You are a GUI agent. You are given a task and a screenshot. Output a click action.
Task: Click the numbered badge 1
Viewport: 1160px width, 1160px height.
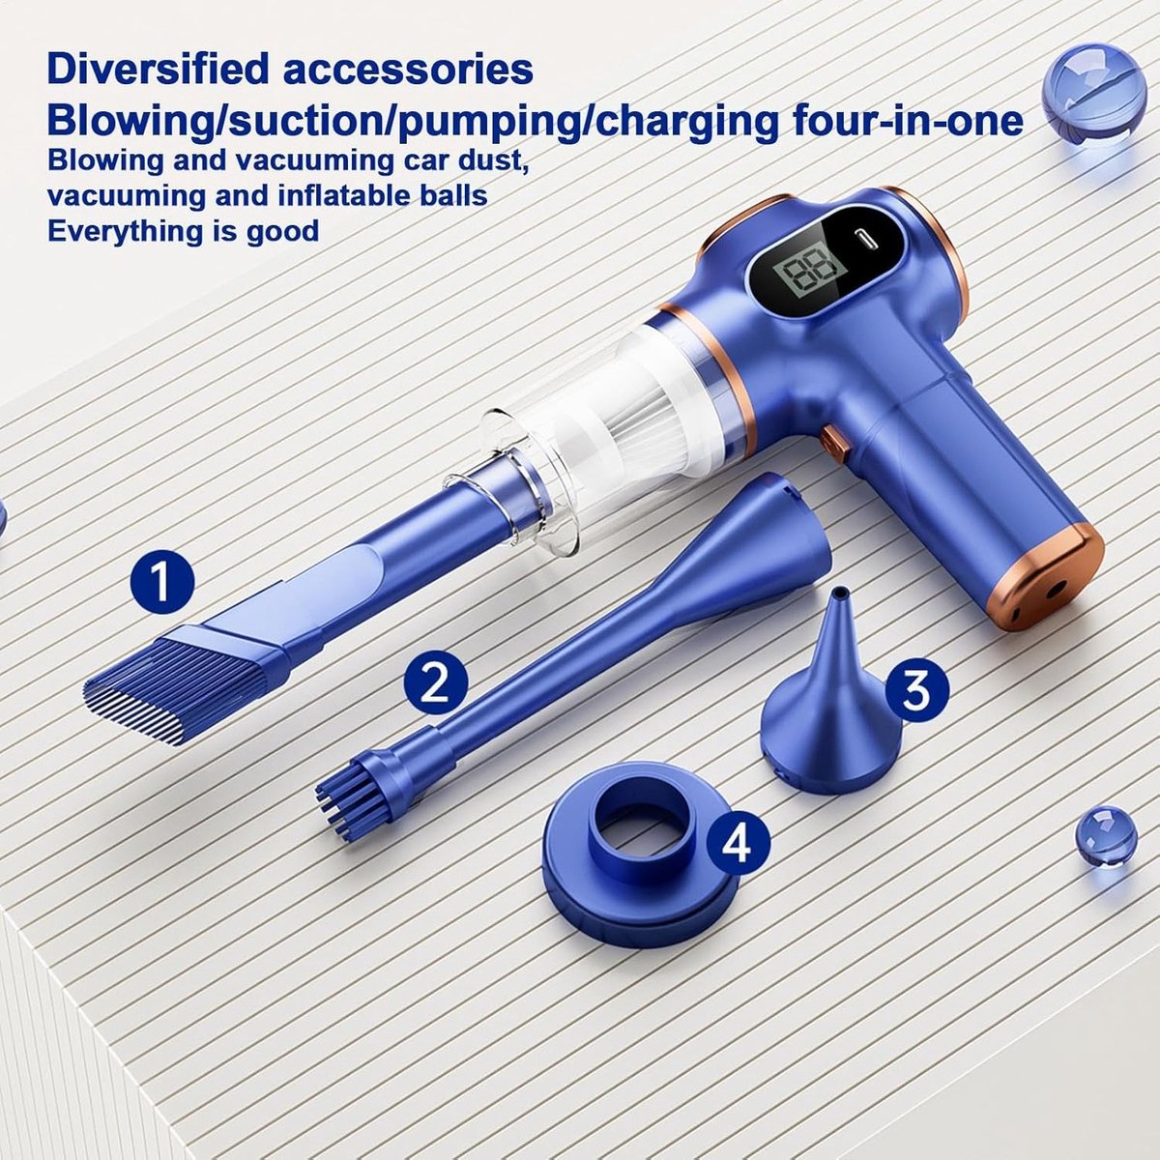click(162, 582)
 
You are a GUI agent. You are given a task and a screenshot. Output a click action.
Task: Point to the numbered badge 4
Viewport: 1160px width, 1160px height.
click(738, 844)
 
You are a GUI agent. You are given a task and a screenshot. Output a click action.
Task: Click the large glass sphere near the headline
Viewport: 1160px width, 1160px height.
click(1087, 94)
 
